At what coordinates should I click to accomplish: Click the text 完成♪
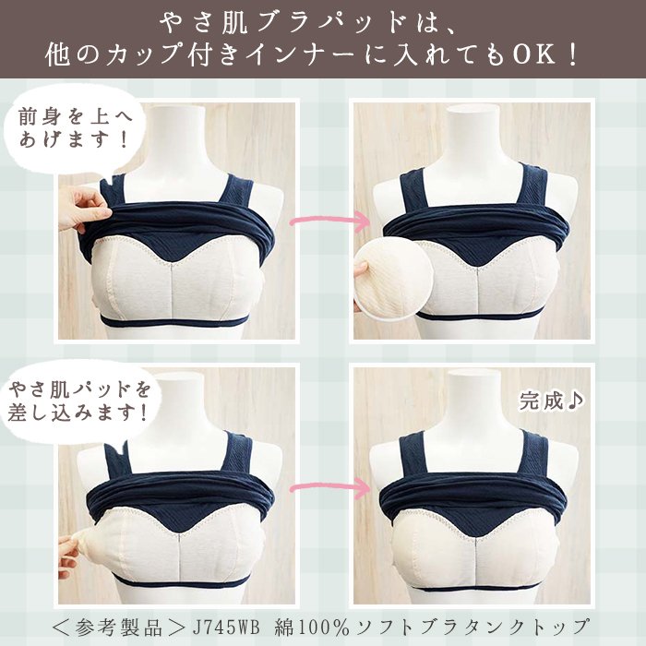click(x=551, y=401)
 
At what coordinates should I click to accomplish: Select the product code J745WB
click(x=226, y=628)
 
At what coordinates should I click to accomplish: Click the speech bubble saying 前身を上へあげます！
click(x=74, y=129)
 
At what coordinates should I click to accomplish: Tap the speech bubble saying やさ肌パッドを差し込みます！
click(x=78, y=401)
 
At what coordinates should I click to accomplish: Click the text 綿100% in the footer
click(x=312, y=628)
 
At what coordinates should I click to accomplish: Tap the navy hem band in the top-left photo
click(x=176, y=321)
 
